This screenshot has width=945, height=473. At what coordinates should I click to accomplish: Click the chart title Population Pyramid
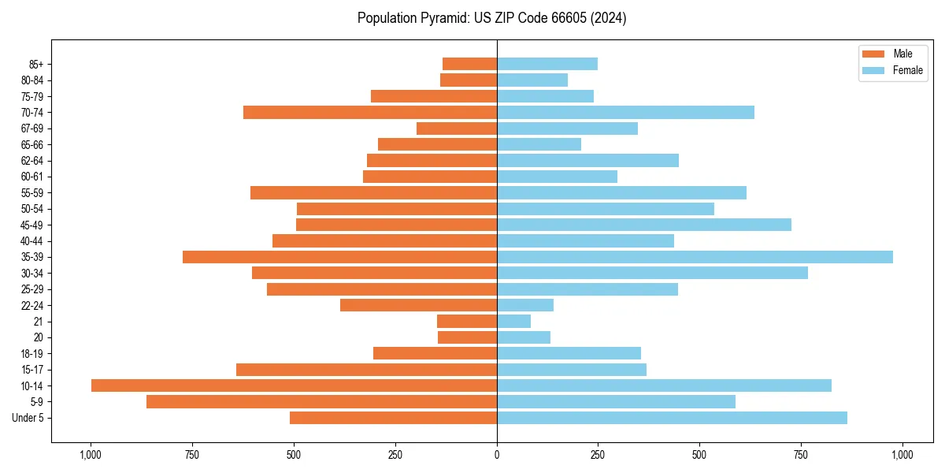pyautogui.click(x=491, y=18)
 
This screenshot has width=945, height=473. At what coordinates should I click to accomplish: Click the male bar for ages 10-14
pyautogui.click(x=294, y=385)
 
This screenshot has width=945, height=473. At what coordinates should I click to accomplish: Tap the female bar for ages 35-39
pyautogui.click(x=695, y=257)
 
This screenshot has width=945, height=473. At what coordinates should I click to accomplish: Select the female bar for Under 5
pyautogui.click(x=672, y=418)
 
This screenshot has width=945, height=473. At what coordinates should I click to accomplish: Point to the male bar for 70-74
pyautogui.click(x=370, y=112)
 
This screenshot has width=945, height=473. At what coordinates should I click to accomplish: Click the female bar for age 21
pyautogui.click(x=513, y=322)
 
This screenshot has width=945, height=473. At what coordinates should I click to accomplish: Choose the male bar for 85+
pyautogui.click(x=469, y=64)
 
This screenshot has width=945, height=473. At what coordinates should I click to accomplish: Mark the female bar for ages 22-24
pyautogui.click(x=525, y=305)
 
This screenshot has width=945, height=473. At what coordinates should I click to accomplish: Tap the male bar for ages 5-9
pyautogui.click(x=321, y=402)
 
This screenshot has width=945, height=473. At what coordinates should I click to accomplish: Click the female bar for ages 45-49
pyautogui.click(x=644, y=225)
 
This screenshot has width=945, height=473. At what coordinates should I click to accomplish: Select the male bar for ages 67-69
pyautogui.click(x=457, y=128)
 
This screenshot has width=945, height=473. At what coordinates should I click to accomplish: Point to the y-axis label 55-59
pyautogui.click(x=32, y=193)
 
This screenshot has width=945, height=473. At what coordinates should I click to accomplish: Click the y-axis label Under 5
pyautogui.click(x=28, y=418)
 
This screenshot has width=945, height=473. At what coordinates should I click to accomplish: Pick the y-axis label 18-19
pyautogui.click(x=32, y=354)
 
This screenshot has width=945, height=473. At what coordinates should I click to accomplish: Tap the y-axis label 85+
pyautogui.click(x=36, y=64)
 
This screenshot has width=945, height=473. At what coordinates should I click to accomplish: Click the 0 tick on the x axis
pyautogui.click(x=497, y=455)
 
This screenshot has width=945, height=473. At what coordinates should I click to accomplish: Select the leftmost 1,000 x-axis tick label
pyautogui.click(x=91, y=455)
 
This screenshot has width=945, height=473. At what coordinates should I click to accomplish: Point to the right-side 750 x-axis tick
pyautogui.click(x=801, y=455)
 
